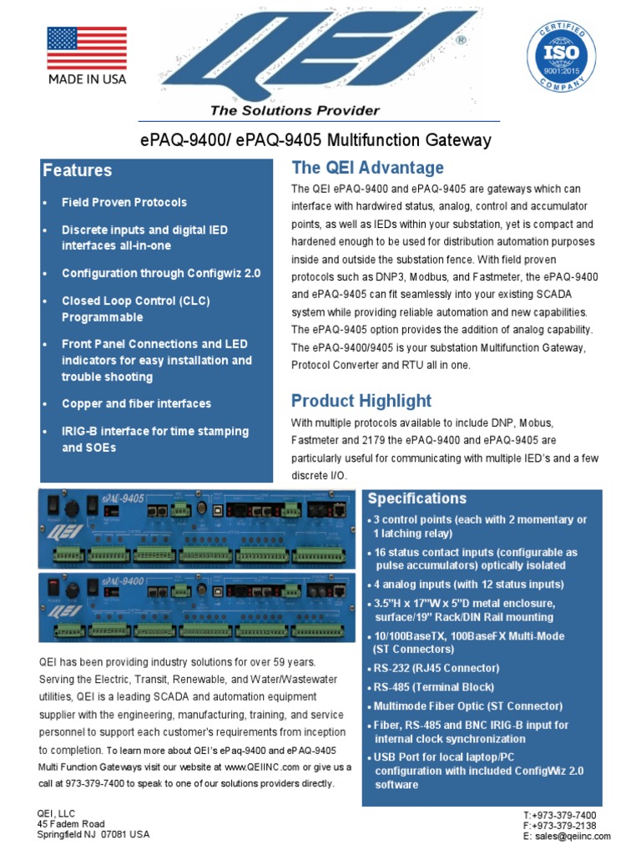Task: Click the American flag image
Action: pyautogui.click(x=87, y=48)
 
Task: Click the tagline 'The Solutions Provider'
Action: pyautogui.click(x=295, y=110)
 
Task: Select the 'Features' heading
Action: pyautogui.click(x=78, y=170)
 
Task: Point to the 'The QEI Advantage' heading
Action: pyautogui.click(x=367, y=167)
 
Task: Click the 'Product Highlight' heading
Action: pyautogui.click(x=361, y=400)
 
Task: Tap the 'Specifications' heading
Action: pyautogui.click(x=417, y=498)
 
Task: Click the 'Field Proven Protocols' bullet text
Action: pyautogui.click(x=124, y=202)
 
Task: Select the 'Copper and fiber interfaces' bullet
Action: pyautogui.click(x=137, y=404)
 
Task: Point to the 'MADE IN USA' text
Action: pyautogui.click(x=87, y=79)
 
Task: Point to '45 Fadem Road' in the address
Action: pyautogui.click(x=72, y=824)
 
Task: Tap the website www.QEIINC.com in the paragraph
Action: pyautogui.click(x=262, y=766)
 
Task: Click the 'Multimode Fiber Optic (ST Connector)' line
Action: pyautogui.click(x=467, y=706)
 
